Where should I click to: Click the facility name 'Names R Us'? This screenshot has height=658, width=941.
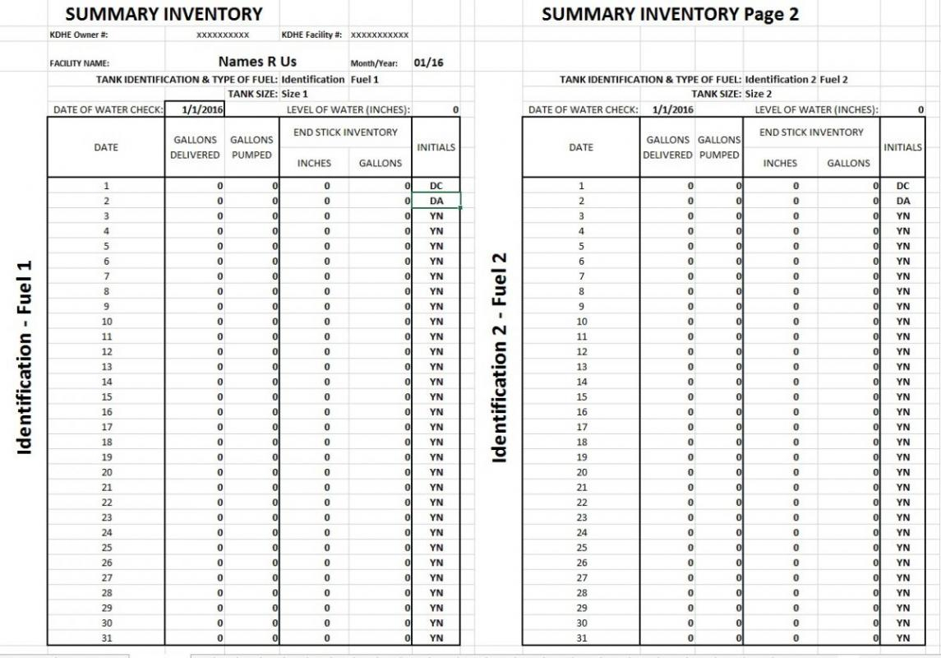257,62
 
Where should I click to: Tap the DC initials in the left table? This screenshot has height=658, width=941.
436,186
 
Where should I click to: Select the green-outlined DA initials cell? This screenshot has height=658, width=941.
436,201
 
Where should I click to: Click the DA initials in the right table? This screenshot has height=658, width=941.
902,201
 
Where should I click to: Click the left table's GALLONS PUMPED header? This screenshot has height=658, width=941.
251,147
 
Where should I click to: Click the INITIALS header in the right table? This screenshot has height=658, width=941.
902,147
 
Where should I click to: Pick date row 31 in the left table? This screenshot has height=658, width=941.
106,637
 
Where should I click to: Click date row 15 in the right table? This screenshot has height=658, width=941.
582,396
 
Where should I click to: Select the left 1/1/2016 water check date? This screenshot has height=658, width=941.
195,109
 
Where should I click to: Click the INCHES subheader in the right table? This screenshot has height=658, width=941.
780,163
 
